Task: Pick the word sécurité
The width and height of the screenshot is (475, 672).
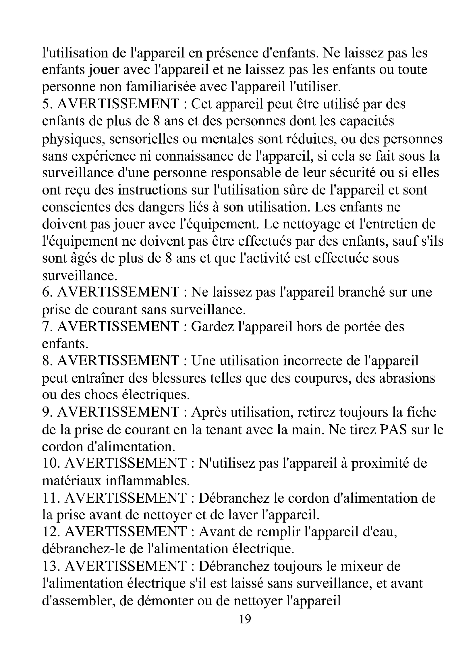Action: point(353,173)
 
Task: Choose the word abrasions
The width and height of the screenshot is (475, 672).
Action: point(407,378)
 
